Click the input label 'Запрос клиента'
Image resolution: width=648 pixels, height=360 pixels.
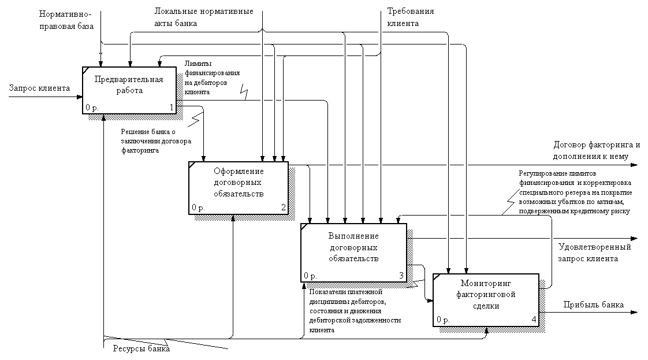[39, 88]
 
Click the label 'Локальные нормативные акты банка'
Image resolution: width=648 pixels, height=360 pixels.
[204, 17]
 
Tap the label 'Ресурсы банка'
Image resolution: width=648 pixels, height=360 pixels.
[136, 348]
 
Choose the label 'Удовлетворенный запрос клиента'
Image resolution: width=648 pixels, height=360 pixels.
[594, 253]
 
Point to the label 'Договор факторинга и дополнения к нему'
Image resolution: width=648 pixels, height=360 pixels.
[597, 150]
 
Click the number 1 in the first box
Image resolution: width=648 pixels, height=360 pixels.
[172, 107]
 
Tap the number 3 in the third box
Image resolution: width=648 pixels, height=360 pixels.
[401, 275]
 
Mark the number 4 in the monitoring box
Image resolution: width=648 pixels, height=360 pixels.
[534, 319]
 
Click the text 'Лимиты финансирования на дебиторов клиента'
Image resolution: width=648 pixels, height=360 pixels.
[211, 77]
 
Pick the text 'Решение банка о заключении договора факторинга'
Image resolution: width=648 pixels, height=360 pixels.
[156, 141]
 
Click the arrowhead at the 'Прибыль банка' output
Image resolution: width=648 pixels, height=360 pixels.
[635, 313]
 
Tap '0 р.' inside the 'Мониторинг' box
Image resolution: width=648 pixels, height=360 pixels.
[443, 319]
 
